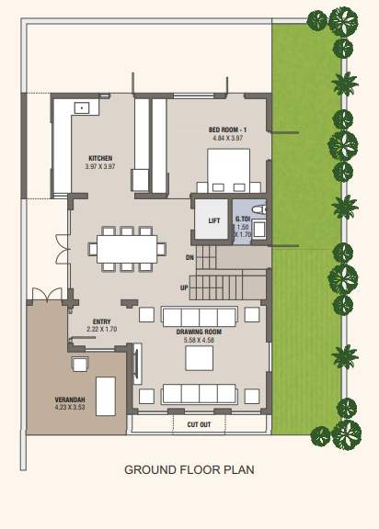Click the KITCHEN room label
99,157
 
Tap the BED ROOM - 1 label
225,129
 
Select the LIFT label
213,220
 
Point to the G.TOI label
243,219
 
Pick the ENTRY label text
100,322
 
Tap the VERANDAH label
69,399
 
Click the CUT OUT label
199,424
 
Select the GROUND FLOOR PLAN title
189,470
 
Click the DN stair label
189,257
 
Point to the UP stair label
185,287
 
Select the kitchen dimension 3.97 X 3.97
99,166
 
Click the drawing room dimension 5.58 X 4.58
200,341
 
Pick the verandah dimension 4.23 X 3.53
70,407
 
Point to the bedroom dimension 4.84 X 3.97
225,139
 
